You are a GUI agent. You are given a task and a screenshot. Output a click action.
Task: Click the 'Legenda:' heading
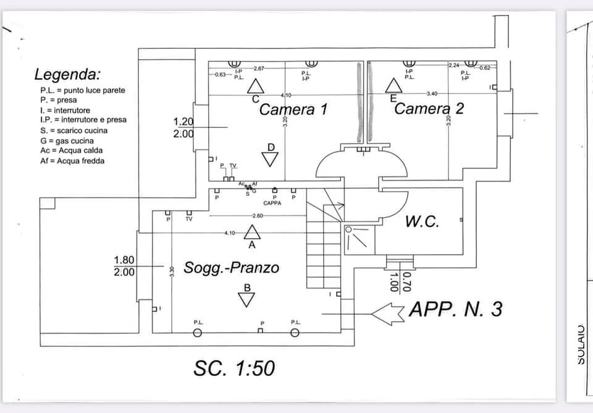pyautogui.click(x=67, y=75)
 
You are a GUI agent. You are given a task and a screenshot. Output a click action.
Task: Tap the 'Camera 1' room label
pyautogui.click(x=293, y=110)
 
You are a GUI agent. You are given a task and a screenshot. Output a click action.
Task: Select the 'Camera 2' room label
pyautogui.click(x=429, y=109)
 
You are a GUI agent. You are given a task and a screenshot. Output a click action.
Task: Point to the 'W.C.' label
pyautogui.click(x=423, y=222)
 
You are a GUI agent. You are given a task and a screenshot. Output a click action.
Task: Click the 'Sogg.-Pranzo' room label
pyautogui.click(x=231, y=268)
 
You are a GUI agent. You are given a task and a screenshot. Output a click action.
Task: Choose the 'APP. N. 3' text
pyautogui.click(x=456, y=309)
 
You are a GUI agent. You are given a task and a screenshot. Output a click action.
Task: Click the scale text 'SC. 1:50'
pyautogui.click(x=234, y=368)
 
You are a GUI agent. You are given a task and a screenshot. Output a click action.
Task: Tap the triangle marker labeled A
pyautogui.click(x=251, y=232)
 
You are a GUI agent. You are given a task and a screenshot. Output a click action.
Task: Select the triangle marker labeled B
pyautogui.click(x=247, y=299)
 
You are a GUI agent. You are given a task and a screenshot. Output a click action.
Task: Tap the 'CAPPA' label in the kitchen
pyautogui.click(x=272, y=203)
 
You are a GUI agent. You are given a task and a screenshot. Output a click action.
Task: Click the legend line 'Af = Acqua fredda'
pyautogui.click(x=72, y=161)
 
